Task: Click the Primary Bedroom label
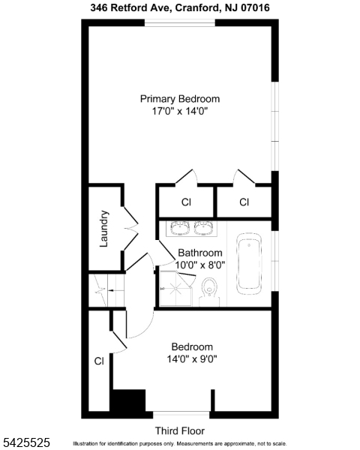pos(180,99)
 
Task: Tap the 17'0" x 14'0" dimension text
pos(180,111)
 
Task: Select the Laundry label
pos(104,229)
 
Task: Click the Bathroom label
pos(200,253)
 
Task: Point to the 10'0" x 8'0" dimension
pos(200,265)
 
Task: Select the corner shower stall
pos(175,288)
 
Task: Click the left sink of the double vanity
pos(180,228)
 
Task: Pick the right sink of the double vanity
pos(204,228)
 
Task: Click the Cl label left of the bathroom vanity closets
pos(186,202)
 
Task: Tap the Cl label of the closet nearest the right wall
pos(244,202)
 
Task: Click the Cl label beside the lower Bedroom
pos(99,361)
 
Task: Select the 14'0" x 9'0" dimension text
pos(192,358)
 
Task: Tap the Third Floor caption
pos(180,430)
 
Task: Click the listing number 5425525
pos(25,442)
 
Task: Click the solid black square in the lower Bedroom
pos(129,400)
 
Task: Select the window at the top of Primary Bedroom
pos(179,23)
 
